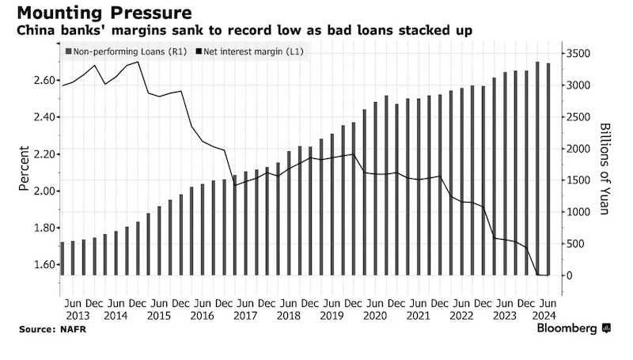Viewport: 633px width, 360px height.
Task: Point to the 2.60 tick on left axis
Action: coord(44,81)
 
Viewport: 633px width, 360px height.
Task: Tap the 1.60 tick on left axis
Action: coord(44,264)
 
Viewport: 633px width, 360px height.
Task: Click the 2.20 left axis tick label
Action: coord(44,154)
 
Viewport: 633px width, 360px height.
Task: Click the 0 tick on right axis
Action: coord(570,275)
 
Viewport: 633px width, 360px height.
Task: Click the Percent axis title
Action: coord(25,169)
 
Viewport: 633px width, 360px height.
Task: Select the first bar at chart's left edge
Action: coord(63,248)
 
